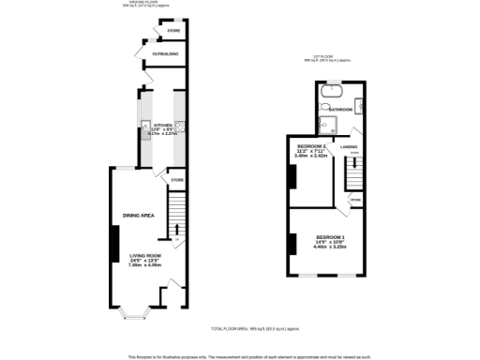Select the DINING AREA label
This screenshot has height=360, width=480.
(x=138, y=216)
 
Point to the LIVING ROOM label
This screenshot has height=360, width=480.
(x=145, y=256)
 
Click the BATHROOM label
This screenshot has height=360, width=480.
(x=340, y=110)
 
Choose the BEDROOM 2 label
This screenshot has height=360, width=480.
(x=312, y=147)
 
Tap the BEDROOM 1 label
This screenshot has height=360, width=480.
(x=330, y=235)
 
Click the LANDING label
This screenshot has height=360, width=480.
(x=350, y=147)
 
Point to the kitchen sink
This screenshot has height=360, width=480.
(x=142, y=126)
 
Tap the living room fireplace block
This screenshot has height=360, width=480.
(x=114, y=246)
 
